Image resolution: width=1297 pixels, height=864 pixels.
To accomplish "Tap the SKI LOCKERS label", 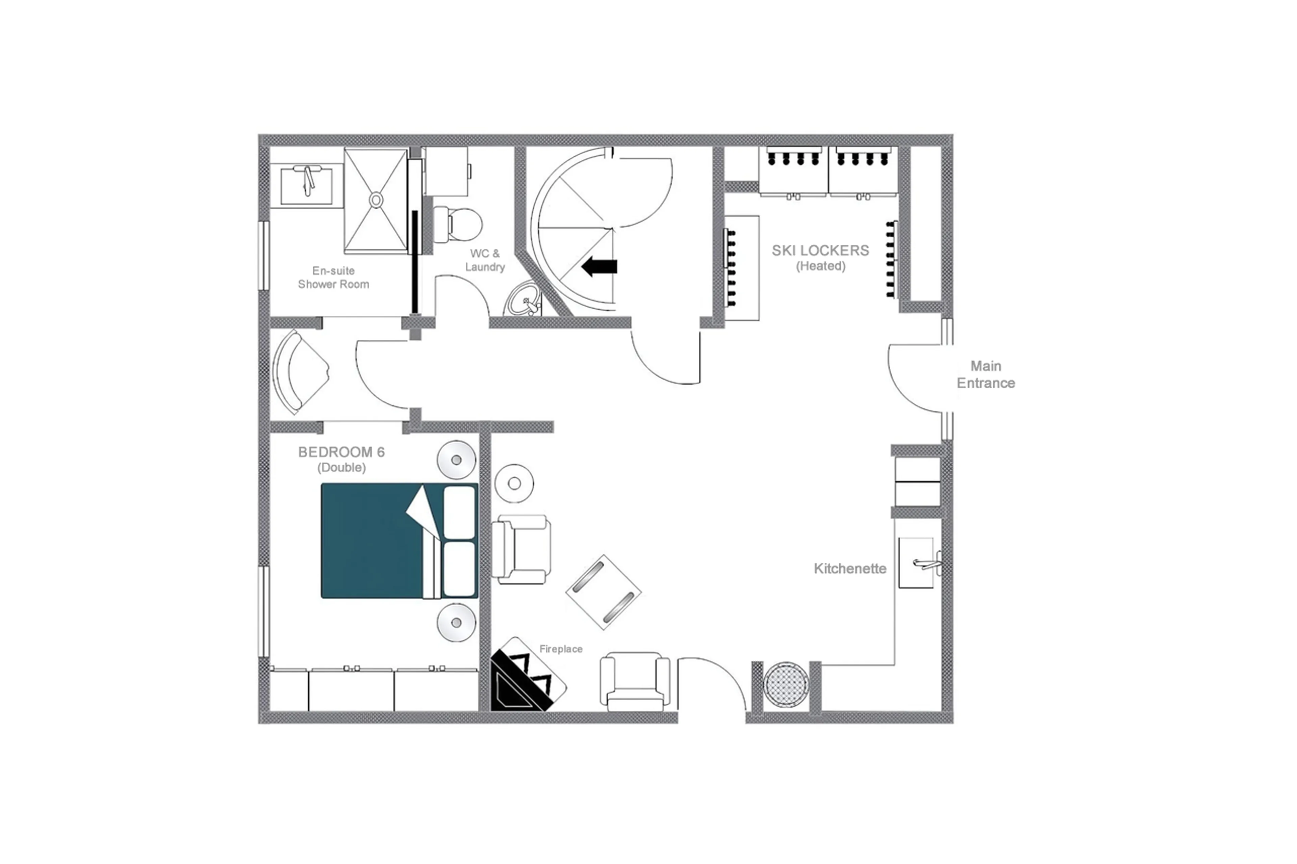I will pos(820,251).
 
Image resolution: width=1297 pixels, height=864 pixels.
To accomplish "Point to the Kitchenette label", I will pos(849,569).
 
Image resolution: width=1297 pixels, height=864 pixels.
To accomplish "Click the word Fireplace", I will pos(561,649).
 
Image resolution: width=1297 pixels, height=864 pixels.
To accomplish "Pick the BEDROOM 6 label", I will pos(341,452).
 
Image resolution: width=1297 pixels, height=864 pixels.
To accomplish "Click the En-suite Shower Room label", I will pos(333,277).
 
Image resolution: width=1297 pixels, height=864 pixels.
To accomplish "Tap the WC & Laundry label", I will pos(484,260).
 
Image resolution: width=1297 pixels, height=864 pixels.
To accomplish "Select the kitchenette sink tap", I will pos(926,563).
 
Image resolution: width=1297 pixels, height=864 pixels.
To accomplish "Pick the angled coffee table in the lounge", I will pos(603,592).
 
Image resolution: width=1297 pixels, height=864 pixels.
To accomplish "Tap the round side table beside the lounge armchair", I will pos(514,483).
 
